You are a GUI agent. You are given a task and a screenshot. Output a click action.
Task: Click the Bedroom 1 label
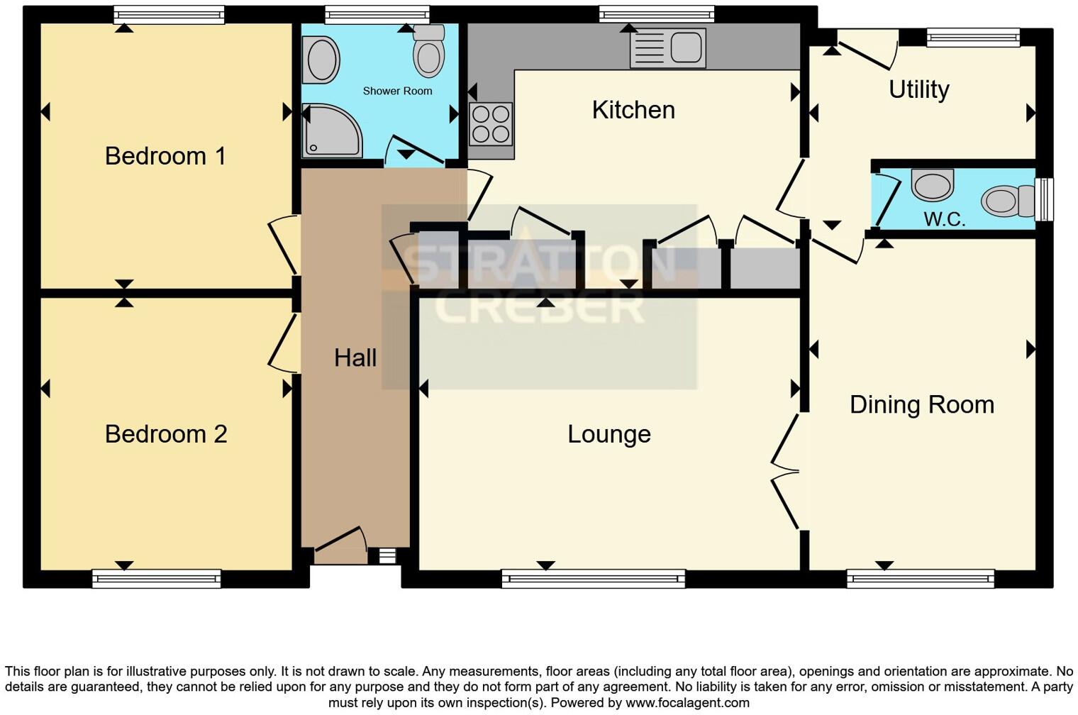[x=165, y=156]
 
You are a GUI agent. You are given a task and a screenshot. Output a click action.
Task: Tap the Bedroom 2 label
[x=166, y=434]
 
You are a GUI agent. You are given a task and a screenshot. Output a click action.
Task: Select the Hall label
[x=355, y=357]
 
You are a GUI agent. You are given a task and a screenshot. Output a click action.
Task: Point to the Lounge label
[x=609, y=434]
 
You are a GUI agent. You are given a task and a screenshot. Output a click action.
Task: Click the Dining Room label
[x=922, y=404]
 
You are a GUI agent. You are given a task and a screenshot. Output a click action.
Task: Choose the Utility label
[x=919, y=89]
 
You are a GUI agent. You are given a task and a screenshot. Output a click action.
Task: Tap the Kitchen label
[x=633, y=110]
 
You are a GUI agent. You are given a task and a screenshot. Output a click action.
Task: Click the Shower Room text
[x=397, y=91]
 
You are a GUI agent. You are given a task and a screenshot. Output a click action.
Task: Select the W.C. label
[x=945, y=219]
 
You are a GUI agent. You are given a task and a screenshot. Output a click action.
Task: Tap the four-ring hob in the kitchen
[x=491, y=124]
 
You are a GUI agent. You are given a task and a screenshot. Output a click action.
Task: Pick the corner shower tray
[x=330, y=132]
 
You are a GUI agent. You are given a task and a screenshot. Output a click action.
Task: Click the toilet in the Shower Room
[x=429, y=51]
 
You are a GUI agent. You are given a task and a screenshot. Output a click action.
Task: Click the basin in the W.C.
[x=933, y=185]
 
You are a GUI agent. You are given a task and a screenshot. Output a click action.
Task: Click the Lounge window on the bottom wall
[x=594, y=579]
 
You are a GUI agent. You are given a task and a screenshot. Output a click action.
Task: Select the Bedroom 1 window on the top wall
[x=169, y=14]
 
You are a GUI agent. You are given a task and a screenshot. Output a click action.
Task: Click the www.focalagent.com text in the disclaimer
[x=687, y=703]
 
